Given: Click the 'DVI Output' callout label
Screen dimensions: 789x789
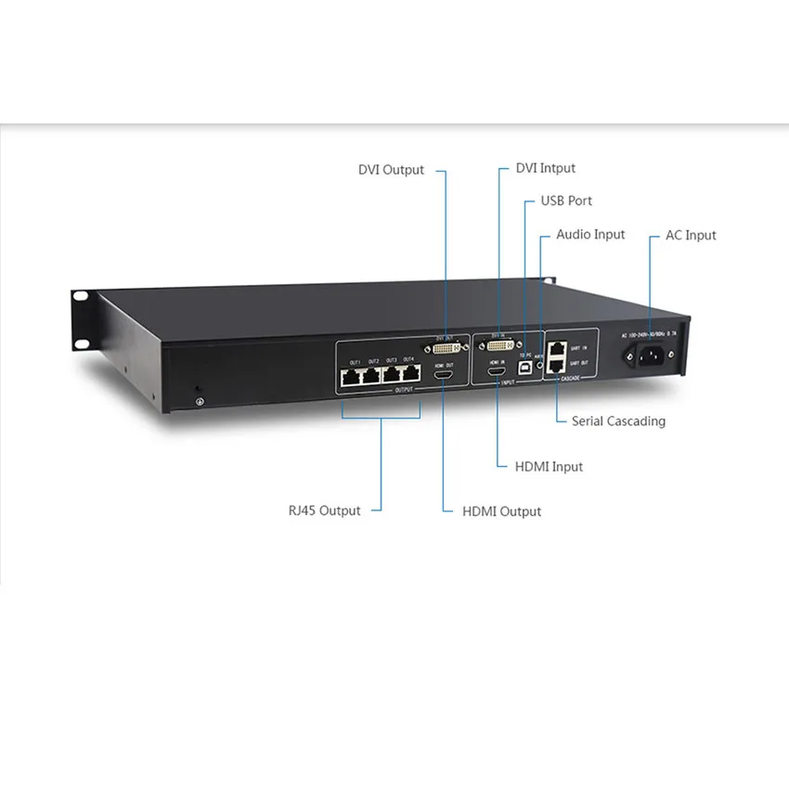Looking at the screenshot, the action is tap(391, 170).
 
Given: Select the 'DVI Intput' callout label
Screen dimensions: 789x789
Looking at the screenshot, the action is tap(545, 168).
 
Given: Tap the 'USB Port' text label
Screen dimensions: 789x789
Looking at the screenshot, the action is tap(566, 200).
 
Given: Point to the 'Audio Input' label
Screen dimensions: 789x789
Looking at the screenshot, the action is tap(590, 235).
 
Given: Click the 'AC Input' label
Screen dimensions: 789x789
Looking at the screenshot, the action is tap(691, 235).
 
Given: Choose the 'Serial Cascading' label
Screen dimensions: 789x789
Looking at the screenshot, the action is tap(618, 420).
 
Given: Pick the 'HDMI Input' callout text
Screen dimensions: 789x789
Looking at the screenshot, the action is tap(549, 466).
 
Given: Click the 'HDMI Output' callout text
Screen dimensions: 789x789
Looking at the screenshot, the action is tap(501, 511).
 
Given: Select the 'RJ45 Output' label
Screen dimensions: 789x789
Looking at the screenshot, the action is tap(324, 511).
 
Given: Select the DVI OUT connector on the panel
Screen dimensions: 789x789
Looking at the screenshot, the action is tap(446, 349).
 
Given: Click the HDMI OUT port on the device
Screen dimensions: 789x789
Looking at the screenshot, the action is tap(444, 378).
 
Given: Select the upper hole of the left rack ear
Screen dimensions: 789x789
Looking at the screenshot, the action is tap(80, 297).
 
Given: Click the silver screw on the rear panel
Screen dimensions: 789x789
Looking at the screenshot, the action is tap(198, 400).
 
